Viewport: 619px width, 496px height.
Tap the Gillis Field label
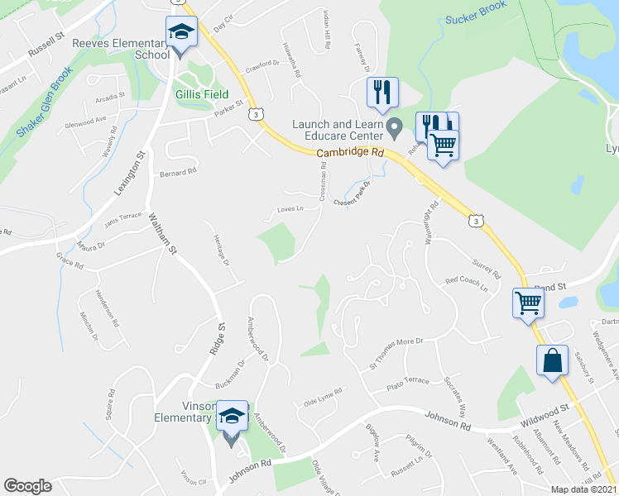(202, 95)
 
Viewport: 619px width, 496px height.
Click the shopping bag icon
(552, 360)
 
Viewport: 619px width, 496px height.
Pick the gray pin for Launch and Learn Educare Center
(395, 128)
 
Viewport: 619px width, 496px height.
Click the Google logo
(27, 486)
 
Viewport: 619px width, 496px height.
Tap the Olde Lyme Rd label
(323, 397)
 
